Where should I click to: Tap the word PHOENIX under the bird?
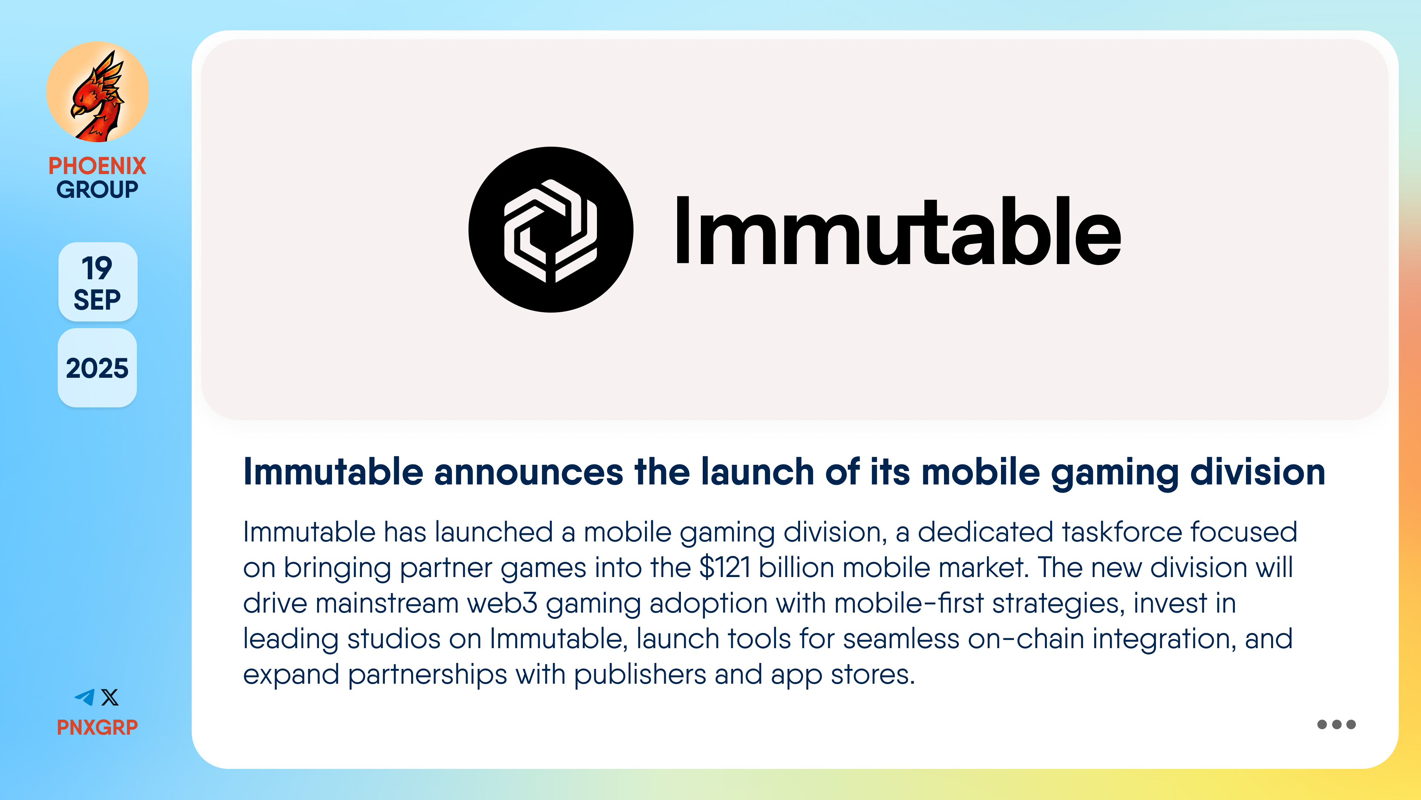[97, 166]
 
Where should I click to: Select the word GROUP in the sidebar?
[97, 189]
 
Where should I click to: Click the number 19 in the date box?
[97, 268]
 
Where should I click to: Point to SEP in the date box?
[97, 300]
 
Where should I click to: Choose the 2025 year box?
[97, 368]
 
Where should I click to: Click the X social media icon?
[110, 697]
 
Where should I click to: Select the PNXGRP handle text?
[97, 727]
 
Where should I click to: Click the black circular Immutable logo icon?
[551, 230]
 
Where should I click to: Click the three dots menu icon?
[1336, 724]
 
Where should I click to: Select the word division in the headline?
[1258, 472]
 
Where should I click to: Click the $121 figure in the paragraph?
[725, 567]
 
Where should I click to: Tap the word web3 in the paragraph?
[502, 603]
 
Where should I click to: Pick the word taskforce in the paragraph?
[1122, 532]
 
